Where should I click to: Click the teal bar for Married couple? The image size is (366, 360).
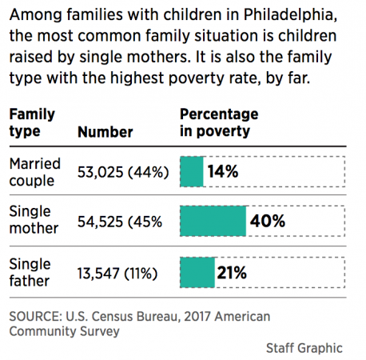click(192, 171)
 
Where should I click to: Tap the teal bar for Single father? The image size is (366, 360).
click(197, 272)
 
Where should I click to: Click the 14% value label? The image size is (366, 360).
click(222, 171)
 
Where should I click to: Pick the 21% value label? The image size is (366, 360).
click(231, 272)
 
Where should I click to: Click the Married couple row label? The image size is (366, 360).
click(34, 171)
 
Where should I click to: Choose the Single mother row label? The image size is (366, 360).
click(33, 221)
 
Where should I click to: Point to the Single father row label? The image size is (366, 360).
click(30, 272)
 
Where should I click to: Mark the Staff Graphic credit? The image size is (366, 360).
click(304, 347)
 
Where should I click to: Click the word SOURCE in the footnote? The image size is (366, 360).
click(36, 314)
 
